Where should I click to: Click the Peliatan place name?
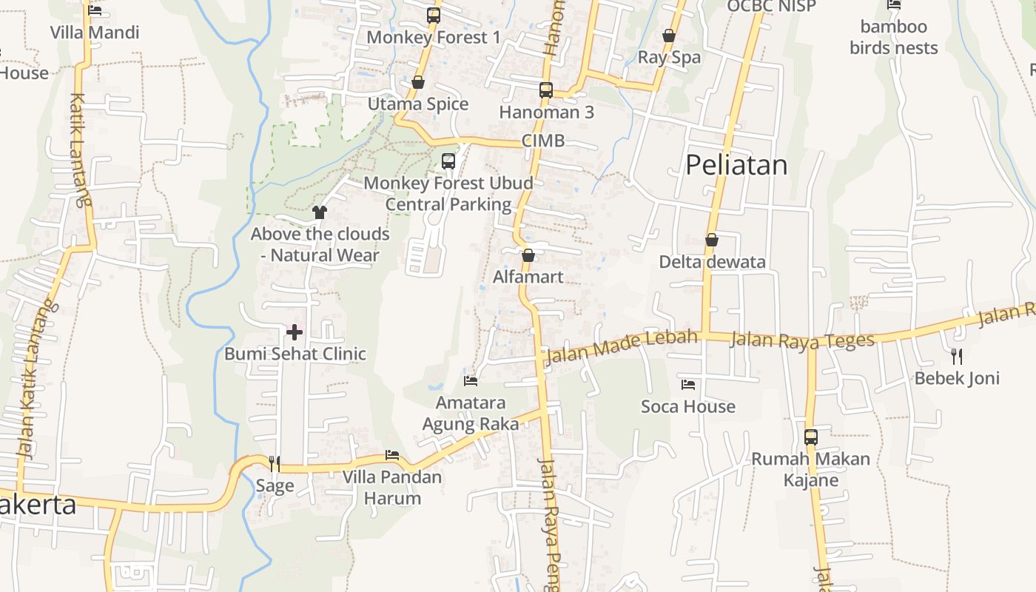coord(736,165)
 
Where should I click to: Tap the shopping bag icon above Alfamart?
coord(528,256)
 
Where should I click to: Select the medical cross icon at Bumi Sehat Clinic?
coord(295,332)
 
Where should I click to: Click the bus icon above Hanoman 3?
coord(546,90)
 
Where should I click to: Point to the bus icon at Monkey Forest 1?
coord(434,15)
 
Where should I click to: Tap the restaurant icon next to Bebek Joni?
coord(957,357)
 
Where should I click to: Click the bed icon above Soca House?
coord(688,385)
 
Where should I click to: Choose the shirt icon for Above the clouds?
coord(320,212)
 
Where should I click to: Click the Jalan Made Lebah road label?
coord(622,347)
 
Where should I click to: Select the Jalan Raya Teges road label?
coord(802,340)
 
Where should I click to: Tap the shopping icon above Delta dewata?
coord(712,240)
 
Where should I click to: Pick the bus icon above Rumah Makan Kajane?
coord(811,437)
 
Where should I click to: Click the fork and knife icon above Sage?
coord(275,464)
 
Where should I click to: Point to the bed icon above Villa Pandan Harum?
coord(392,455)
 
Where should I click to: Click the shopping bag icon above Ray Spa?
coord(669,36)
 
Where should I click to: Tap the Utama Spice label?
coord(418,104)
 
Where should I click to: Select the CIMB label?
coord(543,141)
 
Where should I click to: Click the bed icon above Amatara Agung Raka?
coord(471,381)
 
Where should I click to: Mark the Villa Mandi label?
coord(95,33)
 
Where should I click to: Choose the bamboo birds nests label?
coord(894,38)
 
